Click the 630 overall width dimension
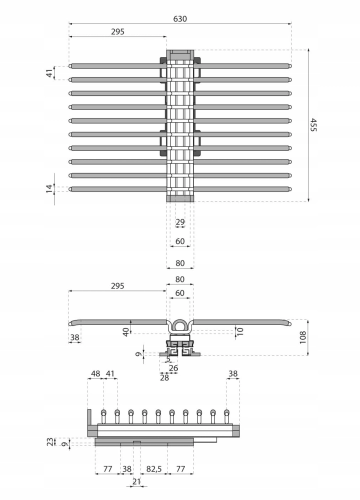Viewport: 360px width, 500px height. (180, 19)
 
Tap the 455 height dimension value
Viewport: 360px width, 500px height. (313, 124)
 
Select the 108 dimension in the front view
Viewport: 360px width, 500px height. (302, 337)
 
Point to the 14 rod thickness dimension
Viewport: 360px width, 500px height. (49, 189)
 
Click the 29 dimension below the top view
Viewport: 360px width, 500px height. (180, 221)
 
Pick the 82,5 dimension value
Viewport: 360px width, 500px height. (154, 469)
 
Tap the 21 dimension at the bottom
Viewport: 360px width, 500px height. (136, 482)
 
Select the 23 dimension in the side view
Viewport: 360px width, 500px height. (50, 442)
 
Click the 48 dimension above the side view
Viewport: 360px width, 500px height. (95, 373)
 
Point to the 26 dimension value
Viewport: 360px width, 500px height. (173, 368)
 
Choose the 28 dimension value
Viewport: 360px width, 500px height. (164, 377)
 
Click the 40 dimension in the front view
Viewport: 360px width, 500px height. (126, 332)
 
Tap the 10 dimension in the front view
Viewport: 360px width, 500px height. (240, 331)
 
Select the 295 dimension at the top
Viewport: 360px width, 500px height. (117, 31)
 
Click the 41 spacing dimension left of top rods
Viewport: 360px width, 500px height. (49, 73)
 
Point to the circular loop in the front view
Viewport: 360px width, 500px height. (180, 326)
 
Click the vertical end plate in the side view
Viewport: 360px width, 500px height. (89, 423)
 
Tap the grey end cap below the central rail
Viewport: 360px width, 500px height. (180, 198)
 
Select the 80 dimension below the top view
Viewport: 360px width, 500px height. (180, 263)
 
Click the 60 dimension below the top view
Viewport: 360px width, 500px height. (180, 241)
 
